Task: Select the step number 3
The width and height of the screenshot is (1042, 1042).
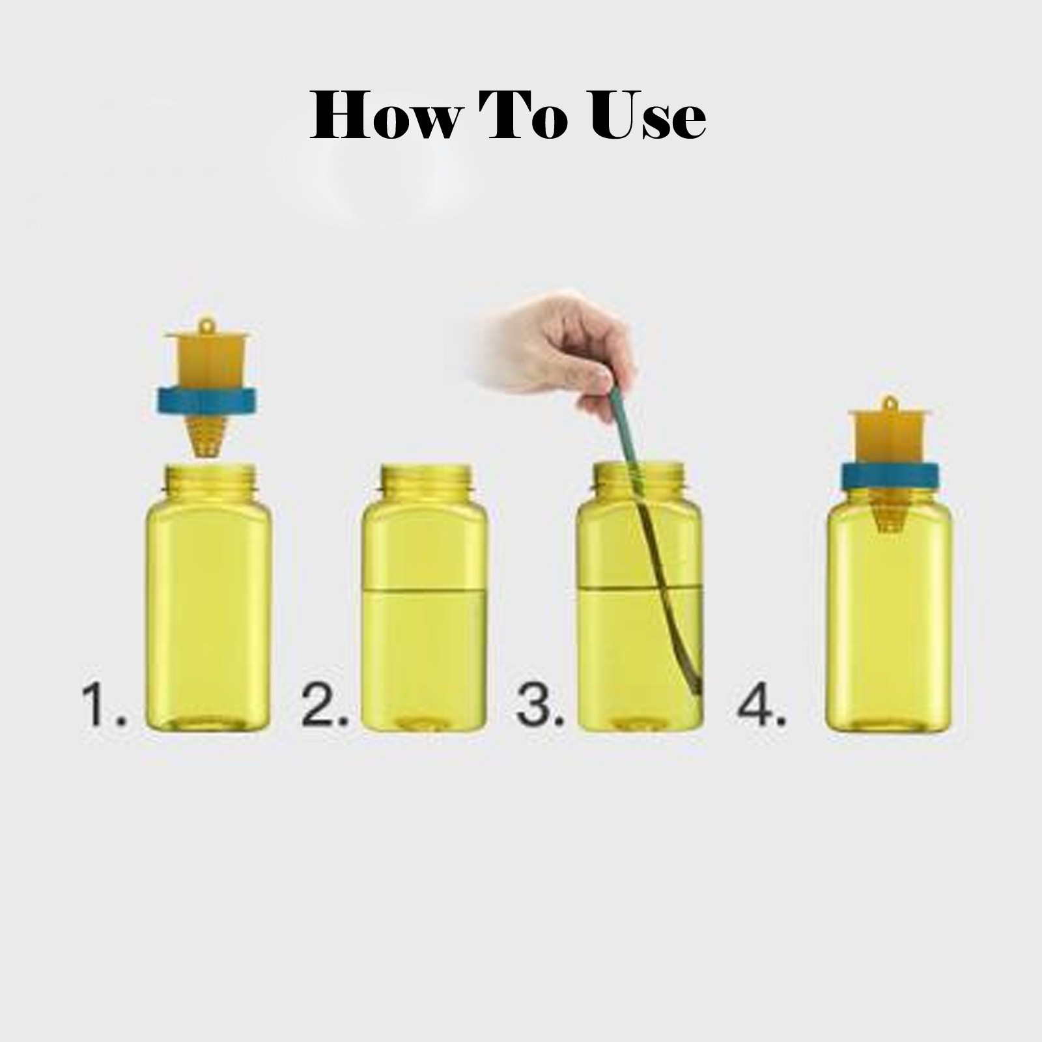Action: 540,705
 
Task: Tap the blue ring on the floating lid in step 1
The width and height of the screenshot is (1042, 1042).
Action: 206,401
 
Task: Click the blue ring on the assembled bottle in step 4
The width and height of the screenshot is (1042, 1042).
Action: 890,477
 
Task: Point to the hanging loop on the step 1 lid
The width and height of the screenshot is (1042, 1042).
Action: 206,324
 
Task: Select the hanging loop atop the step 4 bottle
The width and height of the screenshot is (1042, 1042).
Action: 890,403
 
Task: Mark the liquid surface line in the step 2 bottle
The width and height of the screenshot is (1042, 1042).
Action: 425,590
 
